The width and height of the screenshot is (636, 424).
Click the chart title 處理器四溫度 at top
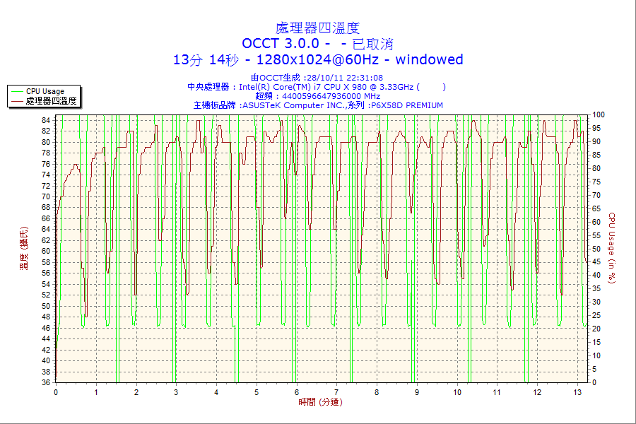tap(317, 28)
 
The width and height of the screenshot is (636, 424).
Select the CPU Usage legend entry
tap(45, 91)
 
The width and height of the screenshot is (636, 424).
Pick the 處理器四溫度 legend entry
tap(51, 101)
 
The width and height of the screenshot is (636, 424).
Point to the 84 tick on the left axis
tap(46, 120)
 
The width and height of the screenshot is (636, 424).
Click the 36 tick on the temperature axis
tap(46, 382)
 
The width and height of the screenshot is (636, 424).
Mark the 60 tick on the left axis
tap(46, 251)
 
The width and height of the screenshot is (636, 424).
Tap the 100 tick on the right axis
tap(599, 114)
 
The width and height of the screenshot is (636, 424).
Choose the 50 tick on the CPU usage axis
tap(596, 249)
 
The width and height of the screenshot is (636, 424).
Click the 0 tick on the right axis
tap(594, 382)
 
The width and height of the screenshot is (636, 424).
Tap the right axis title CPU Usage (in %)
tap(612, 248)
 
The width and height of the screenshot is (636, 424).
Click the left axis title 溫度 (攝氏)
tap(24, 249)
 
